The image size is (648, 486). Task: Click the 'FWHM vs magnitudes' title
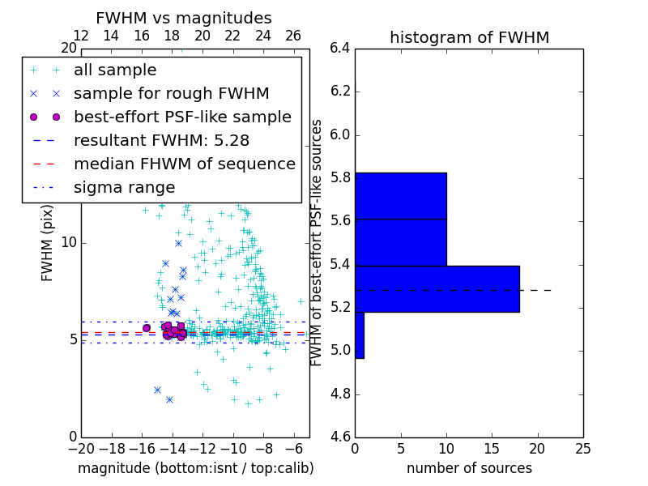click(x=183, y=18)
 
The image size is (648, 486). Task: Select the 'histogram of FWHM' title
click(x=469, y=37)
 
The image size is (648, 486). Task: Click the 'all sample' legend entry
click(x=115, y=70)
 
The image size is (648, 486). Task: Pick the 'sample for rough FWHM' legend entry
click(x=171, y=93)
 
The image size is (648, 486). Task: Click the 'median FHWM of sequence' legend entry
click(x=184, y=164)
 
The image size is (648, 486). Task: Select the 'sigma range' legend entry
click(x=124, y=187)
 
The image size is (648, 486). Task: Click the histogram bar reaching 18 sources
click(x=437, y=288)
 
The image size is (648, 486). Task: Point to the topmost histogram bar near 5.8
click(x=400, y=195)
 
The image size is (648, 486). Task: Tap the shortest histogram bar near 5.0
click(x=360, y=335)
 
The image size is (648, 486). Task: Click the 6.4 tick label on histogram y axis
click(x=340, y=49)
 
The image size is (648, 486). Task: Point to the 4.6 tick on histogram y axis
click(x=340, y=437)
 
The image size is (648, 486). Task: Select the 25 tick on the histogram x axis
click(x=582, y=448)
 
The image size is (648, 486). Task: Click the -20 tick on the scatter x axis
click(x=81, y=448)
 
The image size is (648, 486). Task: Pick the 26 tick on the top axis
click(x=293, y=36)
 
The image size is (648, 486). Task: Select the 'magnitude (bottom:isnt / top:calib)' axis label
click(x=195, y=468)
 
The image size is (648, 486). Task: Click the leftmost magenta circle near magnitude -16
click(x=147, y=327)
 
